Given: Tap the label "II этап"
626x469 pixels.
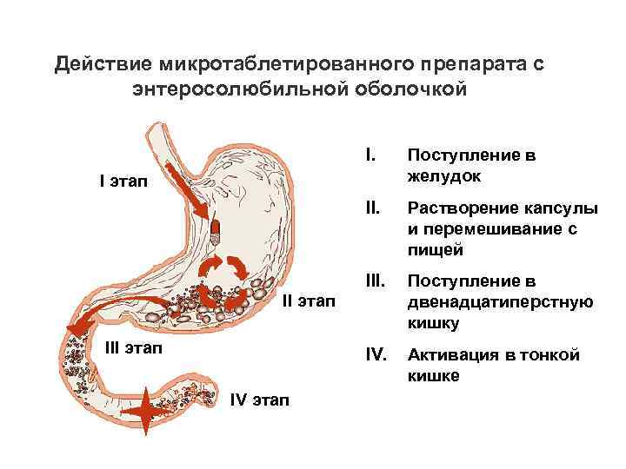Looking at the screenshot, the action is (x=308, y=301).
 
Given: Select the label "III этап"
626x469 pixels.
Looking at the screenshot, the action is (x=133, y=347).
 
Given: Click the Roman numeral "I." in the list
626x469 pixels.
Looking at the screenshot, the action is (x=371, y=155).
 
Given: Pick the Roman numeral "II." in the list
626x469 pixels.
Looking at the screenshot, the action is (x=373, y=209).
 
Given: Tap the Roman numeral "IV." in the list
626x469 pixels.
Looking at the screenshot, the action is (x=376, y=355).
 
